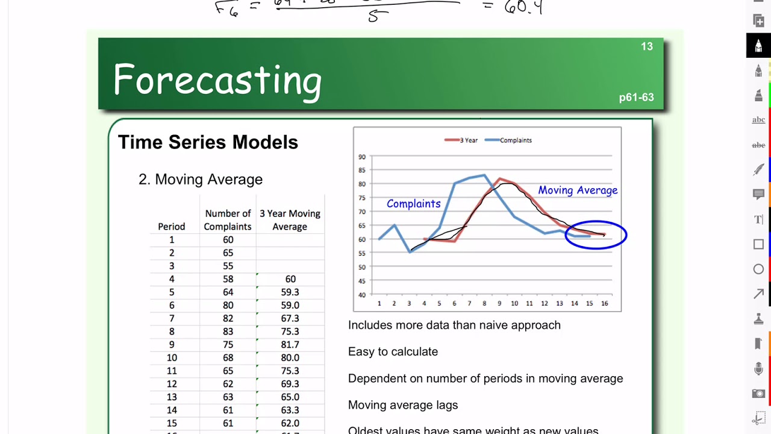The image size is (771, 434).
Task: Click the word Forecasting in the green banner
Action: [x=217, y=80]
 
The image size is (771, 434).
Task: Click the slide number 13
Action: [x=646, y=47]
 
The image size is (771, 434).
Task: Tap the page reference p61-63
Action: [x=636, y=98]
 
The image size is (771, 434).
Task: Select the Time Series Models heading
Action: [x=208, y=142]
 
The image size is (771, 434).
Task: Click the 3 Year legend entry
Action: [x=461, y=140]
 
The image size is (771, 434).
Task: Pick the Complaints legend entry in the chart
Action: [x=509, y=140]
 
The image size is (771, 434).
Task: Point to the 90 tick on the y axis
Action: [x=362, y=157]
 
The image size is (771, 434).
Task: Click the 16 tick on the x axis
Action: [x=605, y=303]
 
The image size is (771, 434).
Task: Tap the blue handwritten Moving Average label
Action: [x=578, y=190]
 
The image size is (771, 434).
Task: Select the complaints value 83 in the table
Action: [x=227, y=332]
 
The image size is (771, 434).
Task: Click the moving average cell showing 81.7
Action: [x=290, y=345]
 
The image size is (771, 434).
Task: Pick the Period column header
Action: [x=172, y=227]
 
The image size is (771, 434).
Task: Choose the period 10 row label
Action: [x=172, y=358]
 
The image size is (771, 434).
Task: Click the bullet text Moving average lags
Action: [x=403, y=405]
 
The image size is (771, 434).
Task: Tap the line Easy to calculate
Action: [x=393, y=351]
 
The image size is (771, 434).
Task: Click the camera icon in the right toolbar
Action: [x=758, y=394]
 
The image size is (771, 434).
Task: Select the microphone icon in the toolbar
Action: [x=758, y=369]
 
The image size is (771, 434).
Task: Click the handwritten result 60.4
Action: [x=523, y=8]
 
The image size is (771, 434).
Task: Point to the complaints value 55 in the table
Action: [x=227, y=266]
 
